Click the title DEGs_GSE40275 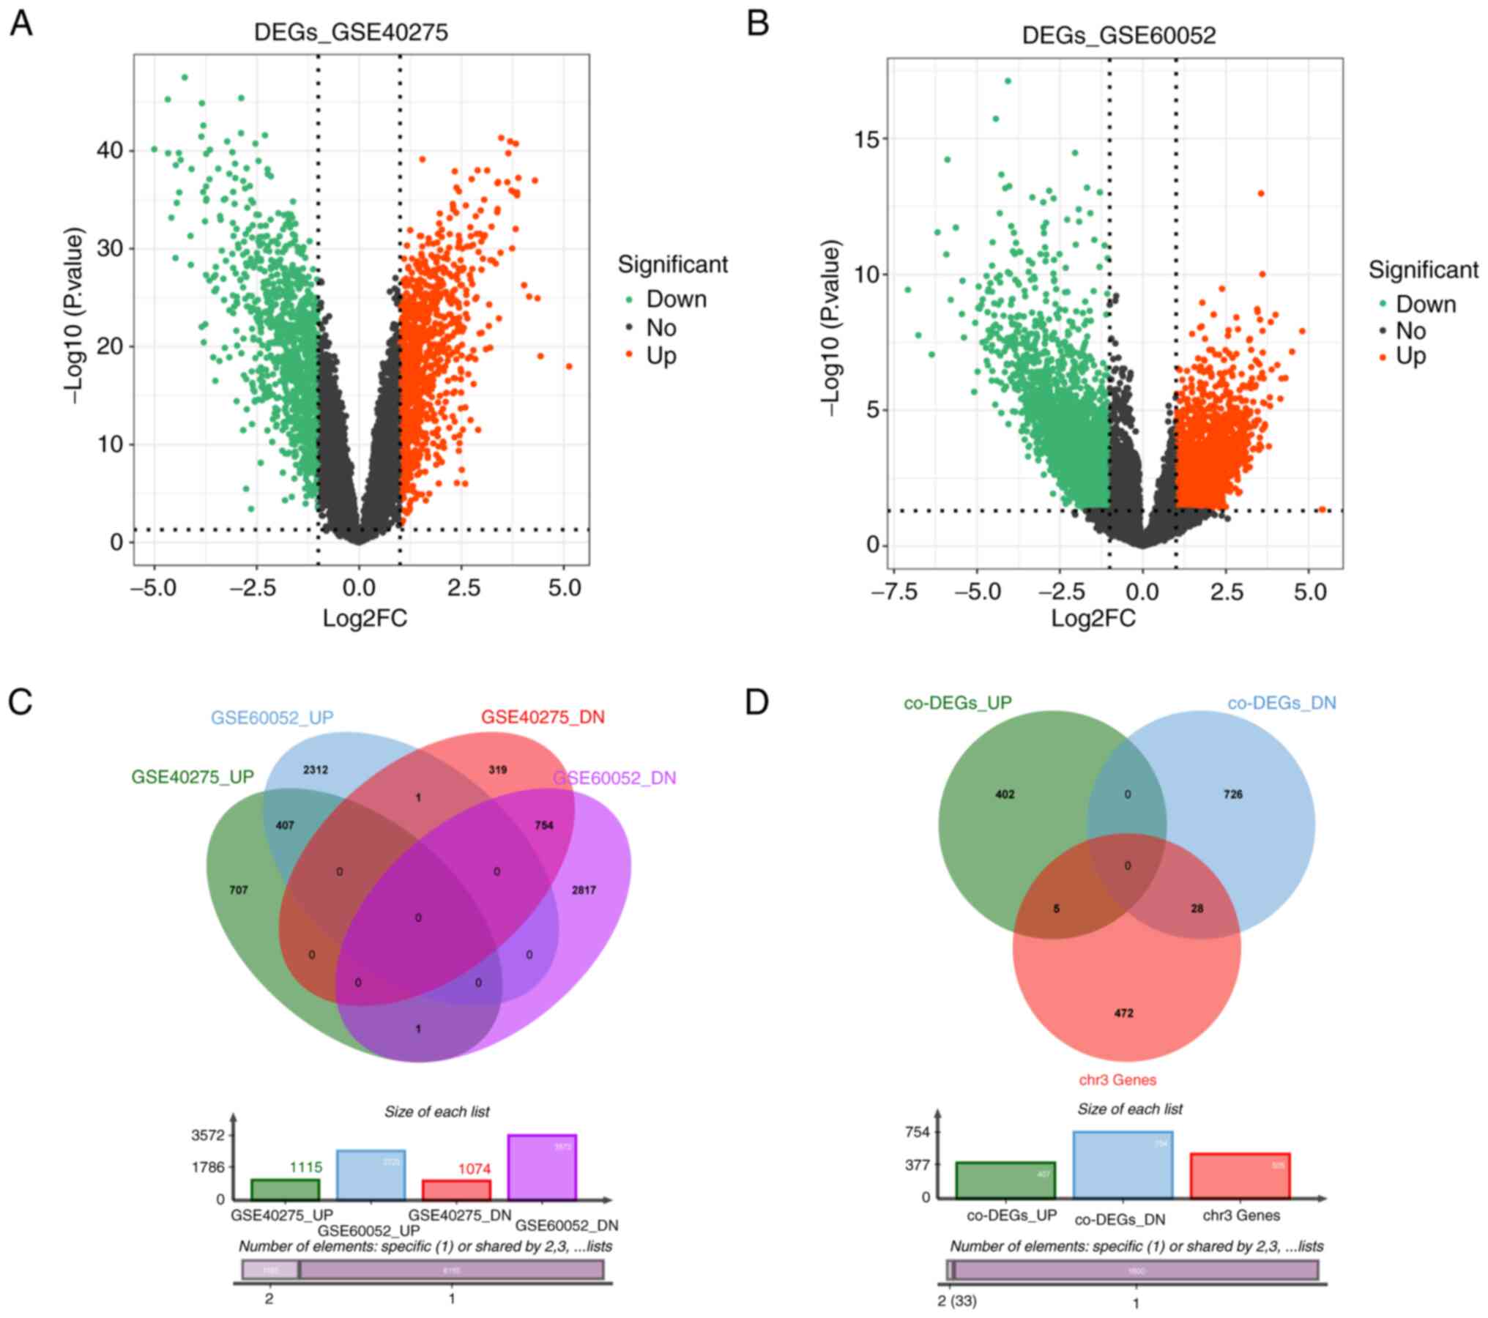[351, 32]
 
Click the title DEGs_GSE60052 [1118, 35]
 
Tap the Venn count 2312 [316, 770]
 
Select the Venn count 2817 [584, 890]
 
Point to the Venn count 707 [239, 890]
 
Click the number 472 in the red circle [1123, 1013]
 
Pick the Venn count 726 [1233, 794]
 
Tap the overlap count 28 [1197, 909]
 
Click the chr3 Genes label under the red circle [1117, 1080]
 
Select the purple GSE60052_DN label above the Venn [614, 778]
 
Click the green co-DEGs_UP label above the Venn [957, 703]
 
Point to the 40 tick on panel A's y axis [110, 151]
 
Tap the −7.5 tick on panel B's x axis [895, 592]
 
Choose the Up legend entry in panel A [661, 357]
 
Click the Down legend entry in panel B [1425, 304]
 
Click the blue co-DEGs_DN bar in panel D [1123, 1165]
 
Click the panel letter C [21, 701]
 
